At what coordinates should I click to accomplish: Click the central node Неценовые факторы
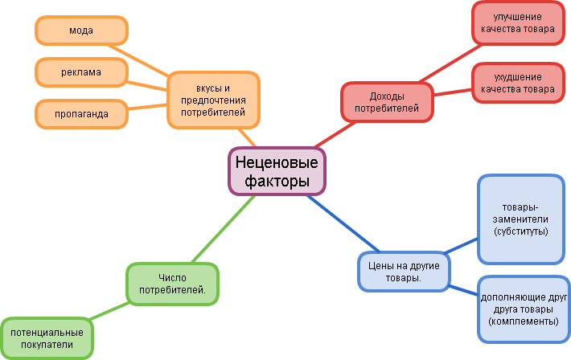277,171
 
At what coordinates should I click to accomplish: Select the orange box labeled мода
81,31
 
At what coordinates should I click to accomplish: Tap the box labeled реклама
81,72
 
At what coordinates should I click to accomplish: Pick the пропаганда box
81,114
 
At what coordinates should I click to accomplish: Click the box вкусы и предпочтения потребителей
213,100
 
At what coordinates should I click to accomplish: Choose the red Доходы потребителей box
387,101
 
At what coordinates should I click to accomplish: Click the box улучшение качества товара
518,22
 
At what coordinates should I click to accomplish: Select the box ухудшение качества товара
518,83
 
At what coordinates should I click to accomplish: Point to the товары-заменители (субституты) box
521,219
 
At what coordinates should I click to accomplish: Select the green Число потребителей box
172,283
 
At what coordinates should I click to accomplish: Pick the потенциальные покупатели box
47,338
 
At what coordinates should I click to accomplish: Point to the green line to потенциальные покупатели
110,311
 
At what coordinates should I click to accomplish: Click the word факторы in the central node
277,182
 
